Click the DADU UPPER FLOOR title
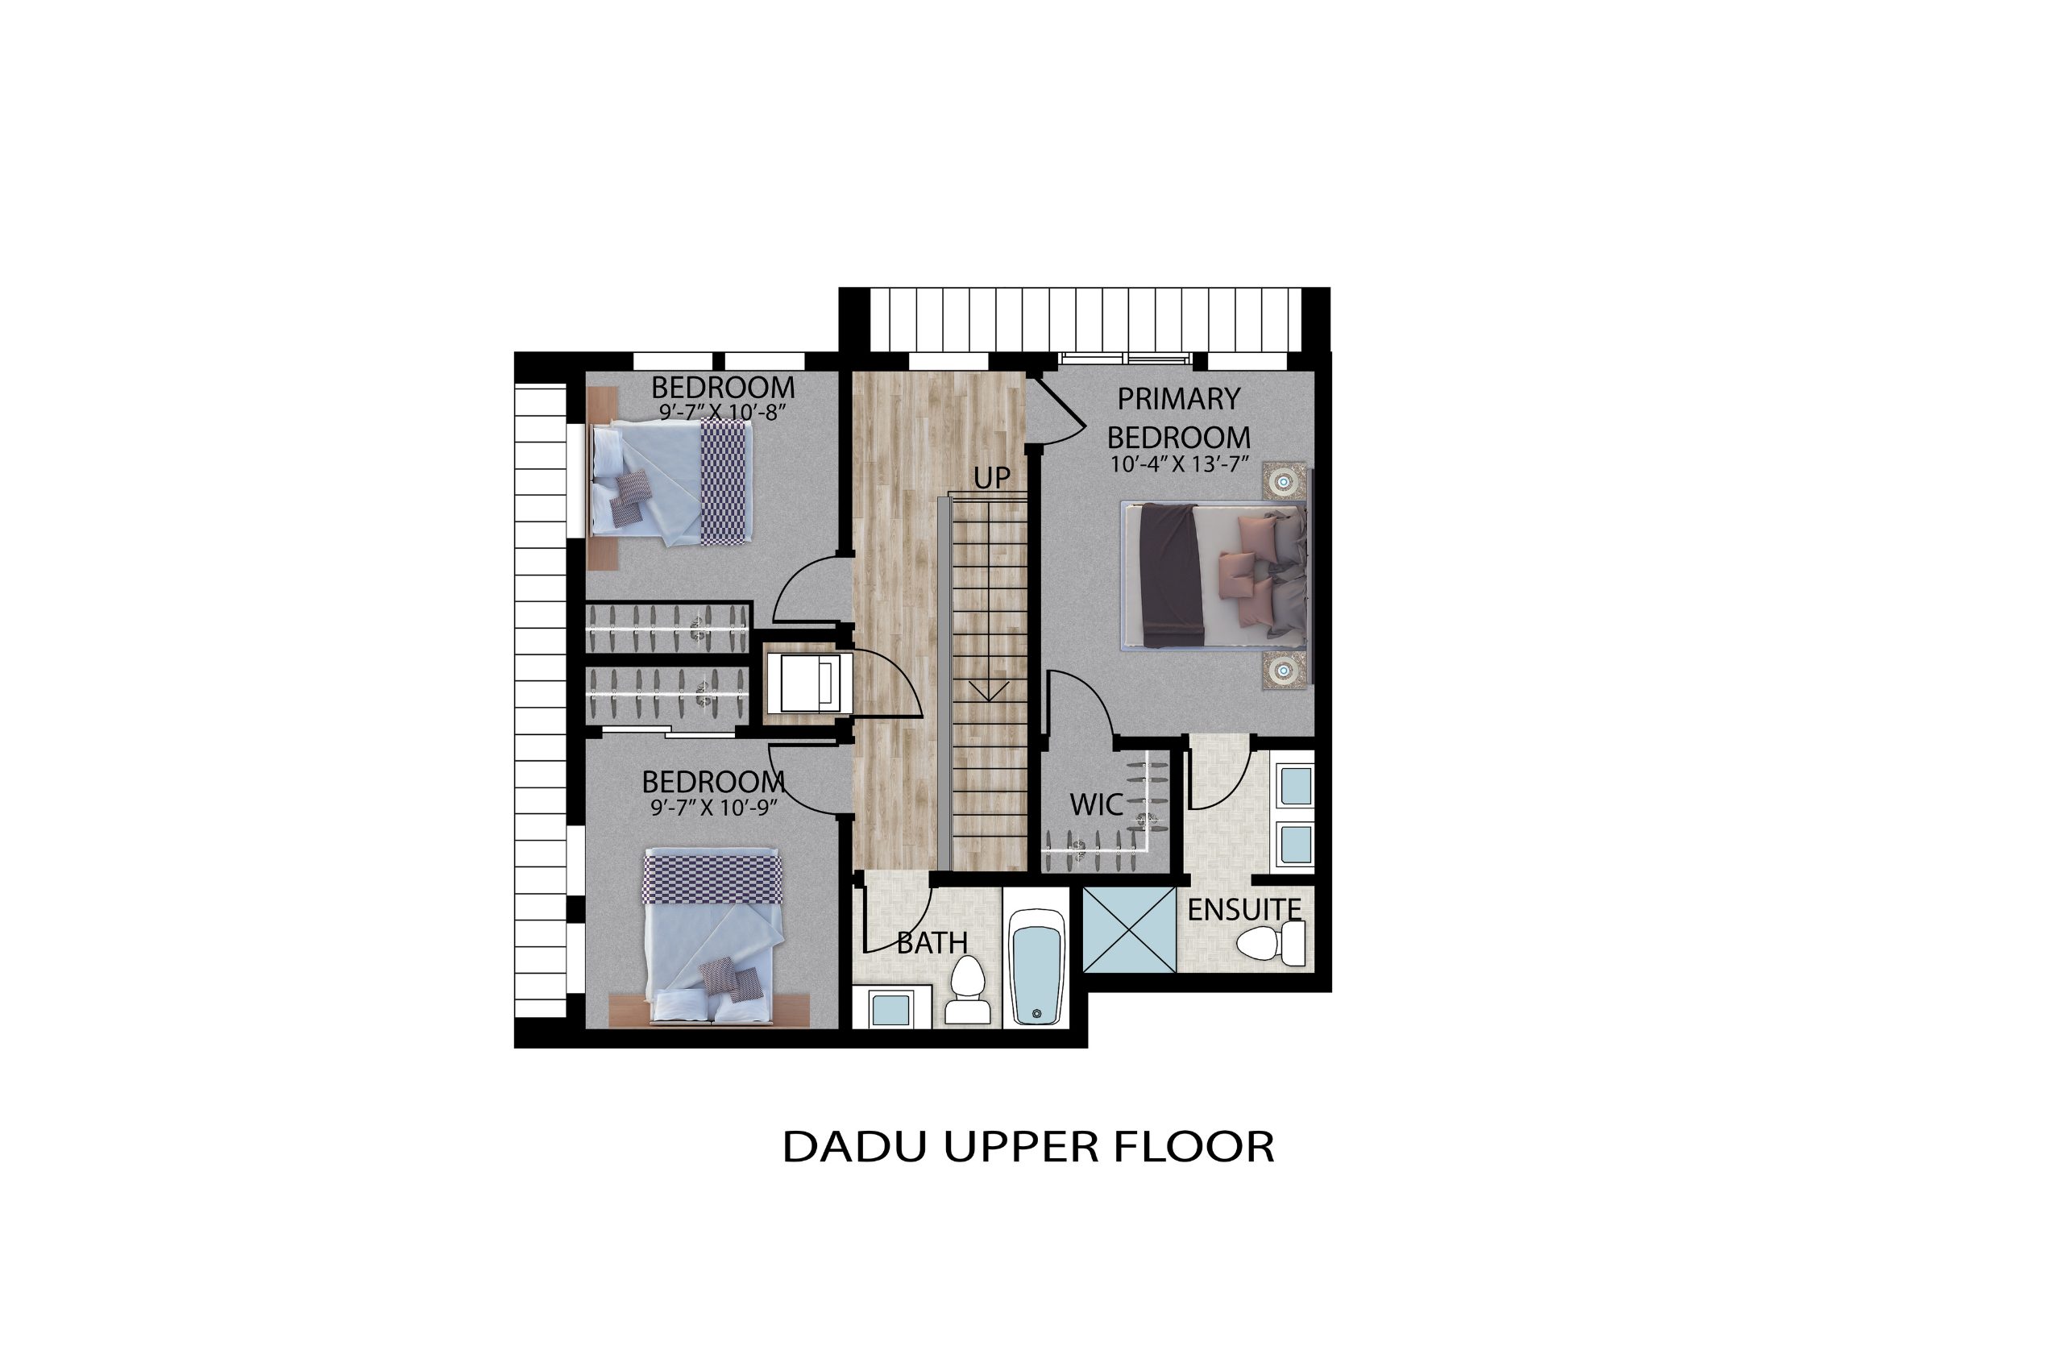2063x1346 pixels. click(1028, 1147)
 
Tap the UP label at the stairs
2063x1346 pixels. click(992, 478)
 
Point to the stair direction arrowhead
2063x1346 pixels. click(988, 690)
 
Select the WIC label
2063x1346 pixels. click(1097, 804)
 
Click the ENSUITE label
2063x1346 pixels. click(1245, 909)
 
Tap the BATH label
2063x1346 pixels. click(932, 943)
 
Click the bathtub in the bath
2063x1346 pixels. click(1036, 966)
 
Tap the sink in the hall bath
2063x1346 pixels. click(890, 1012)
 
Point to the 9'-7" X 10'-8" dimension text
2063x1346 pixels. click(723, 412)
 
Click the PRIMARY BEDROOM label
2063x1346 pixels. click(1179, 418)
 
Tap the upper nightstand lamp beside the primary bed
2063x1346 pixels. click(1284, 481)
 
